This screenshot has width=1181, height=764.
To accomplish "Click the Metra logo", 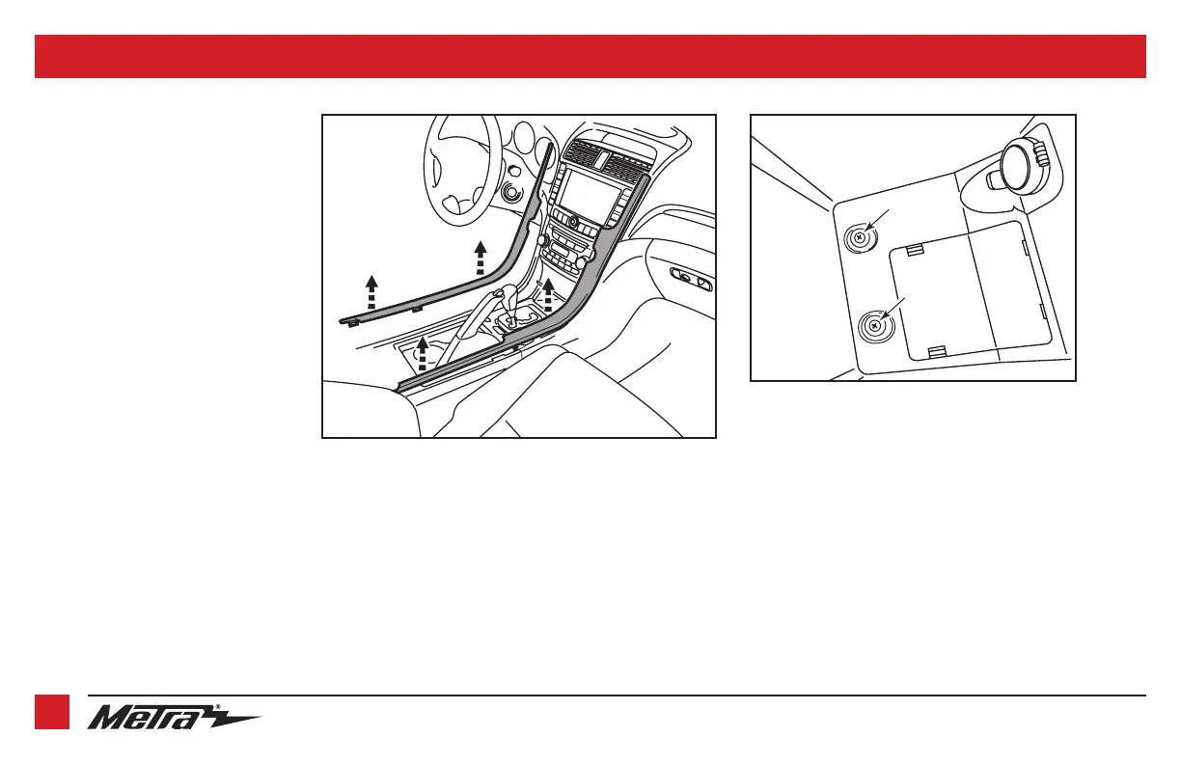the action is (x=174, y=719).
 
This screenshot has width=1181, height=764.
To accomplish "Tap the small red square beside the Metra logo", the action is (x=52, y=713).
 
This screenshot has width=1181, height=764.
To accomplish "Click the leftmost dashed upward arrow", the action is (x=372, y=288).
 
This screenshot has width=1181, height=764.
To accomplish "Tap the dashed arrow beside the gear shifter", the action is (x=548, y=293).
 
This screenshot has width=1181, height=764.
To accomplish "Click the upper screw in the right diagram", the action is (x=858, y=238).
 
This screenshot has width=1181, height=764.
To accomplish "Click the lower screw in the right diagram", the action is (x=874, y=327).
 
